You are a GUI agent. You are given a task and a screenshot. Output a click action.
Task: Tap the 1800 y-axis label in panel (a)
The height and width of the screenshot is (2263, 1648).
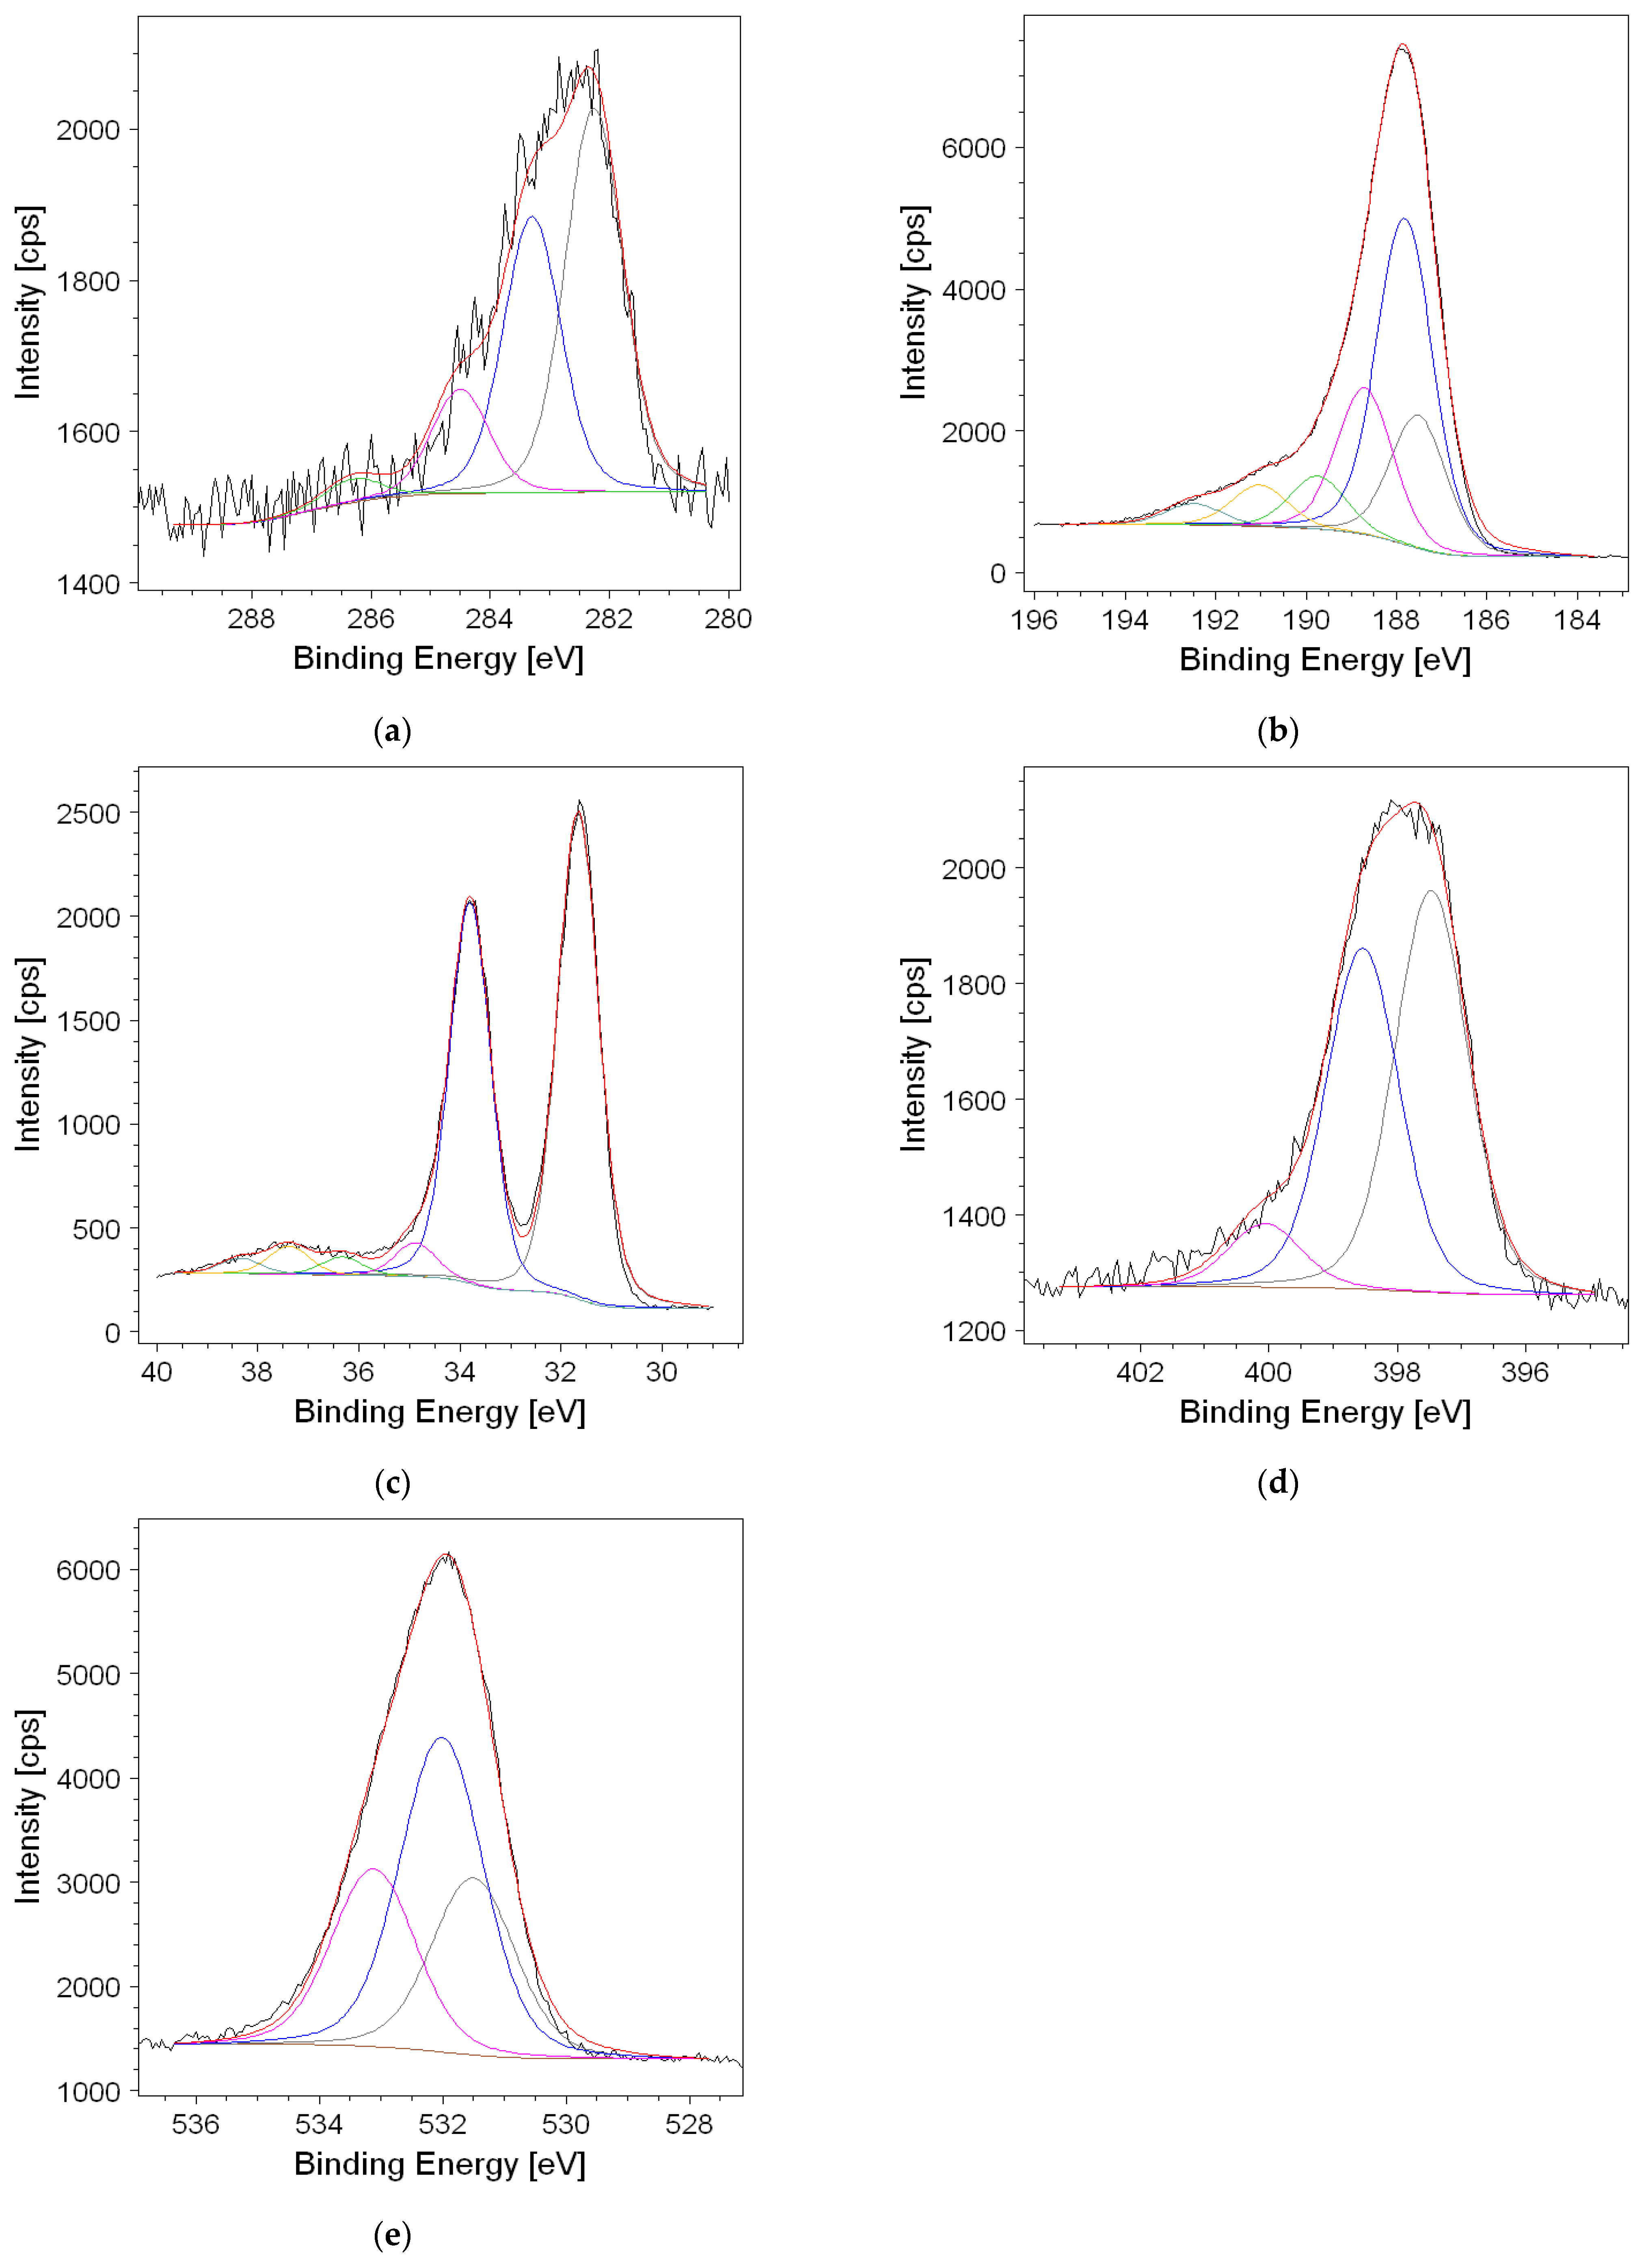pos(88,281)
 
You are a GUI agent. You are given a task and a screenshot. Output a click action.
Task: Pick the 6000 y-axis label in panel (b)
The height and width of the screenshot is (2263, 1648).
pos(974,148)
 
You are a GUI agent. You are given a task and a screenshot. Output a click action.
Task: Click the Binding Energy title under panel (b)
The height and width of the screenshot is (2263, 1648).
pos(1325,659)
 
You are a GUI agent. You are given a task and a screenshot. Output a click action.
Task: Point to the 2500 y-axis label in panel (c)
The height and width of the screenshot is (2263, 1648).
pos(88,813)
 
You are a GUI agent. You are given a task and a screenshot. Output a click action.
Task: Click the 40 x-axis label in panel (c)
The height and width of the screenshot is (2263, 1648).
pos(157,1372)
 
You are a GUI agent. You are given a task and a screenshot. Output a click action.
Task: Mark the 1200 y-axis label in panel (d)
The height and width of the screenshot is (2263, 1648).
pos(974,1331)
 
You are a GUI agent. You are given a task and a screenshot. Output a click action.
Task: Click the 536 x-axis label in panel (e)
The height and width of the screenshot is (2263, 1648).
pos(196,2124)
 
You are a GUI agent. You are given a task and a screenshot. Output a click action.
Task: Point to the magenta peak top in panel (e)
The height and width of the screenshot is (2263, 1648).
pos(372,1869)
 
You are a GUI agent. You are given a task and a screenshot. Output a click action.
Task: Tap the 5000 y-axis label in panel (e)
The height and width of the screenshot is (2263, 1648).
pos(88,1675)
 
